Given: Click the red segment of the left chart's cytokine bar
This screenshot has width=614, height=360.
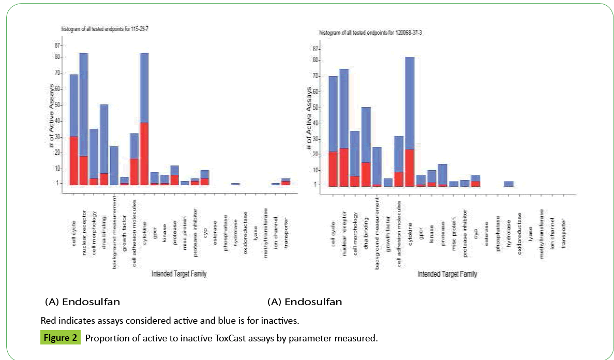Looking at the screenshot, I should [144, 154].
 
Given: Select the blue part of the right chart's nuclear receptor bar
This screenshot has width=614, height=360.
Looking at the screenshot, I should [343, 109].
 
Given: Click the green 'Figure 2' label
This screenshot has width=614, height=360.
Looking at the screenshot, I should [60, 339].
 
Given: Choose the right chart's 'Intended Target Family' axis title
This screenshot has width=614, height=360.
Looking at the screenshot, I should [447, 274].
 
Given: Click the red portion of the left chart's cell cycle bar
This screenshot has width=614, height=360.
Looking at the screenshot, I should [74, 160].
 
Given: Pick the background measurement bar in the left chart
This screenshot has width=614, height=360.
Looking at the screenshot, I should [114, 166].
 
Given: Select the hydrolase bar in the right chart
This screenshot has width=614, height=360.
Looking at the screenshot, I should [508, 184].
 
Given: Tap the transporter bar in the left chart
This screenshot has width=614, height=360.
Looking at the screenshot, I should [286, 181].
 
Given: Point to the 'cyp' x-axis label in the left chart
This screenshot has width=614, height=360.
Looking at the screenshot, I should [205, 217].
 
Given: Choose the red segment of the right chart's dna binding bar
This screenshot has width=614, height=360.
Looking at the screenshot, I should [366, 174].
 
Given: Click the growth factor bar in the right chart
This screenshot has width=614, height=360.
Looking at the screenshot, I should [388, 182].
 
